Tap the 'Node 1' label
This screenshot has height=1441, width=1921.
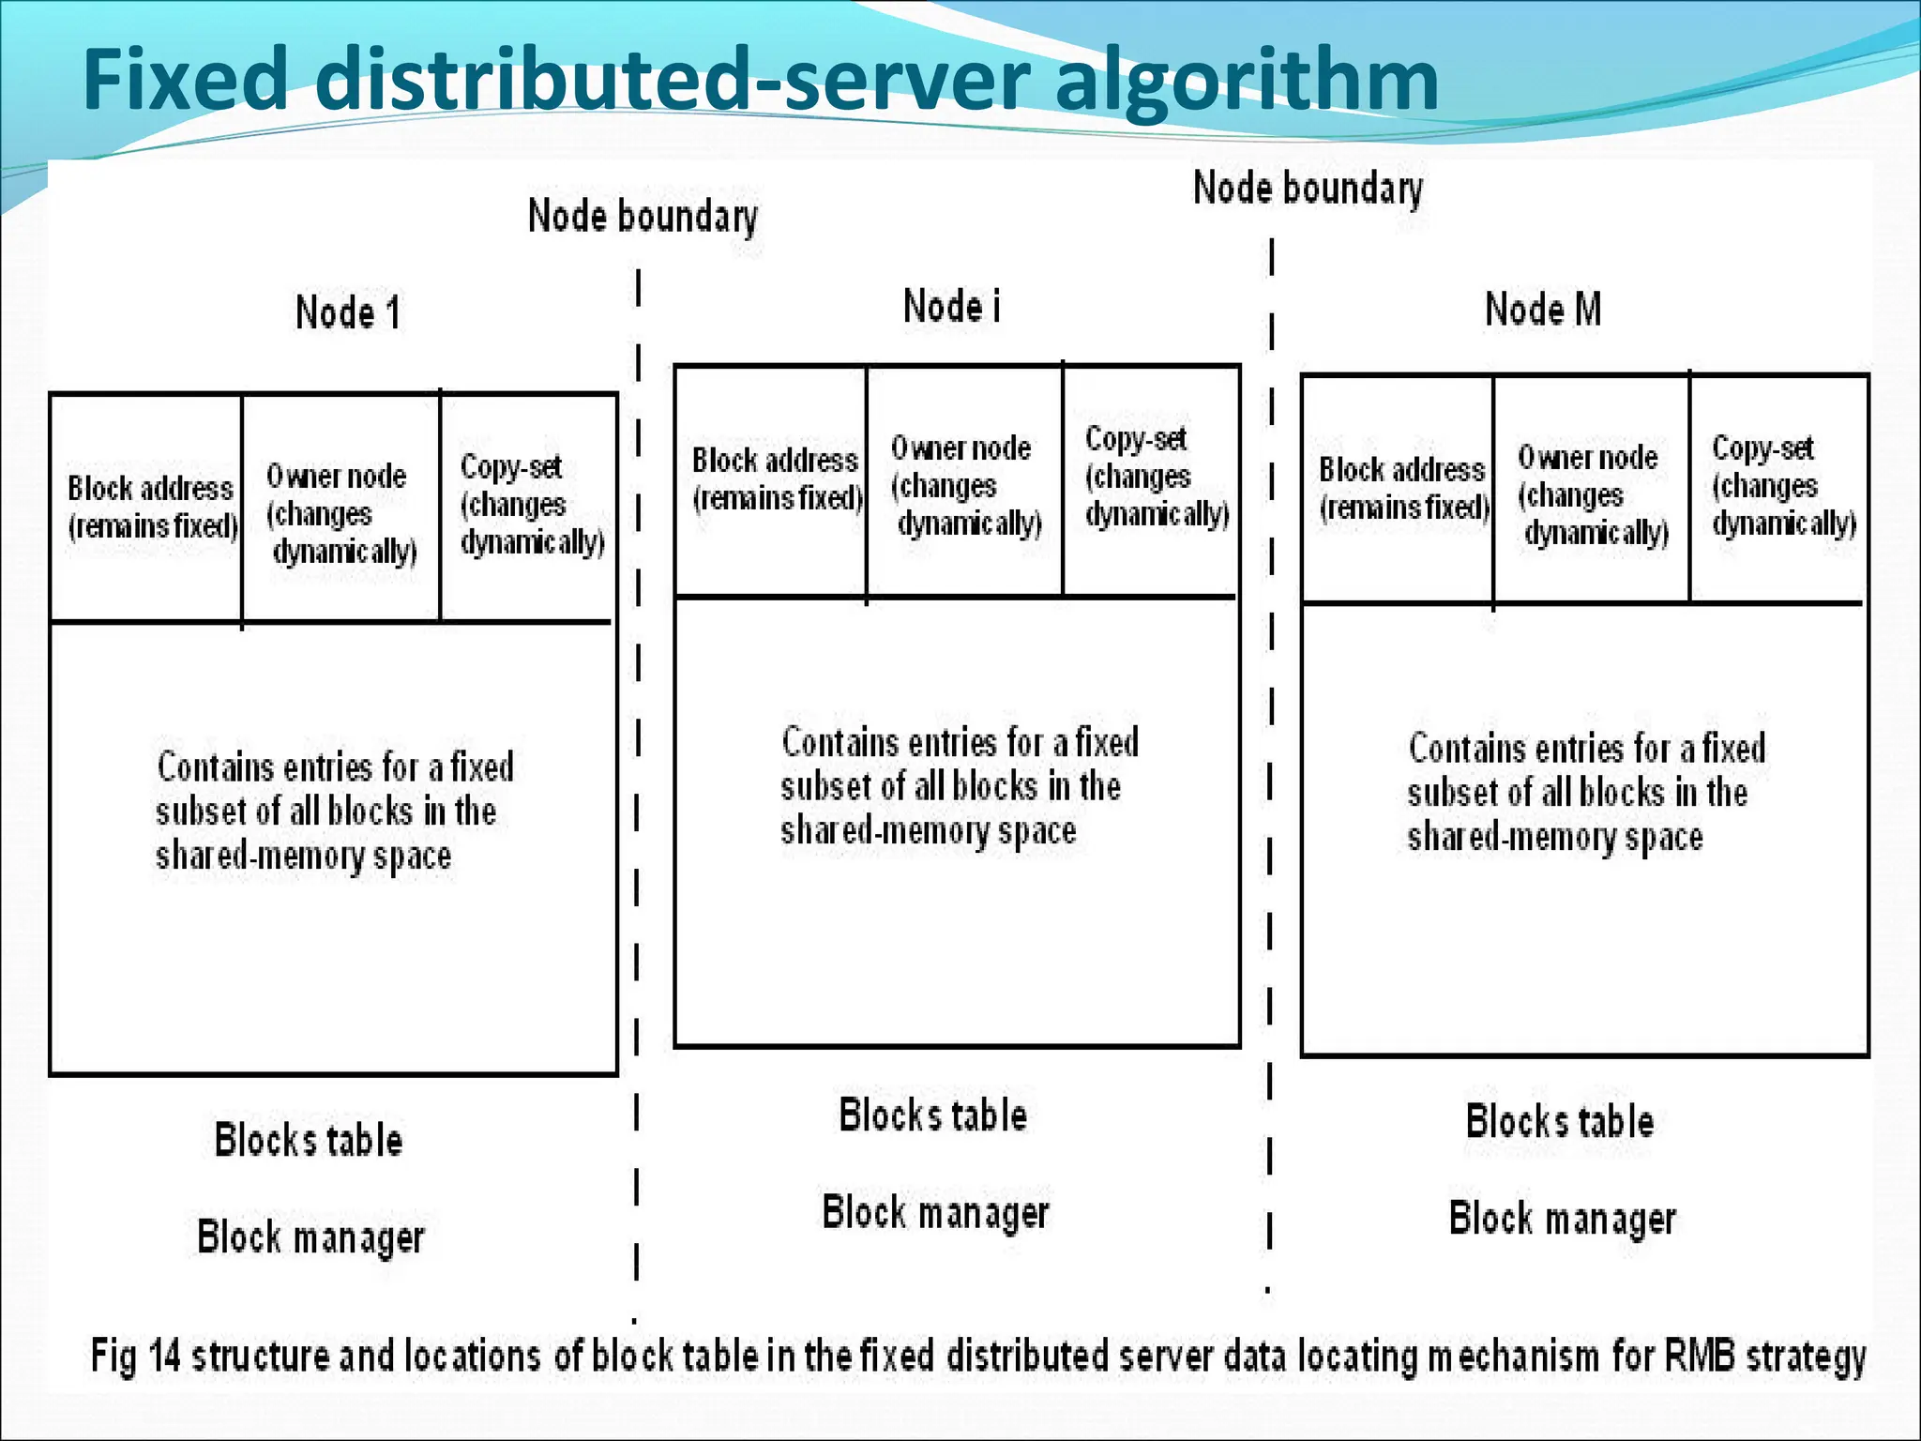pos(348,312)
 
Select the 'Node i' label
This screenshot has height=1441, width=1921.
pos(951,307)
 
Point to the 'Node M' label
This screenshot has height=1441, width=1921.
pos(1543,310)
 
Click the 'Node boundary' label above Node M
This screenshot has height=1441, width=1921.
pos(1308,189)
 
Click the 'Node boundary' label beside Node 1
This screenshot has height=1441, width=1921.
pos(643,217)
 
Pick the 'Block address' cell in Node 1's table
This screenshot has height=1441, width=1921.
pos(150,507)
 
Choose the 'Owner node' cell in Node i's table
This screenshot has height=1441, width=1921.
pos(964,485)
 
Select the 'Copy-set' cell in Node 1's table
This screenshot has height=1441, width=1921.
pos(531,504)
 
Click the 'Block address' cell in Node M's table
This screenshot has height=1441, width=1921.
pos(1402,489)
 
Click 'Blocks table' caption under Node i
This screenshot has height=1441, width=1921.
pos(932,1115)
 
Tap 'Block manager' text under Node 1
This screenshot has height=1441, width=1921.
pos(310,1237)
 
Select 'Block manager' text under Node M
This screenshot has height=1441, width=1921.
pos(1562,1219)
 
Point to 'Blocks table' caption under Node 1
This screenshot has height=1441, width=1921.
pos(309,1140)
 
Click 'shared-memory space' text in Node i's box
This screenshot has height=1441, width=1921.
pos(928,831)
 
